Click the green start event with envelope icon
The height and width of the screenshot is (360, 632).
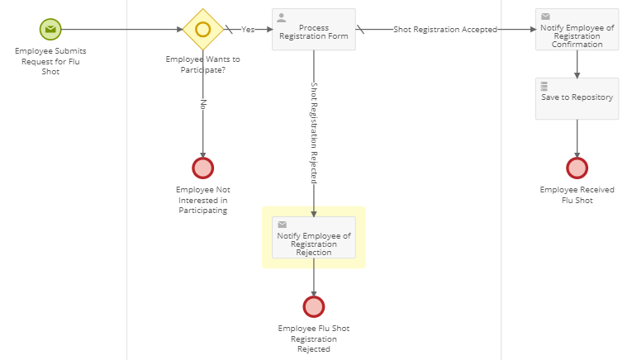(x=51, y=29)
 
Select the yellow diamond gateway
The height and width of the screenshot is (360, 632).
(x=202, y=29)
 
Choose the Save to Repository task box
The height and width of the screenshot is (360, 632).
(x=577, y=98)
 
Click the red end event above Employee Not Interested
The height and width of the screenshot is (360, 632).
(x=202, y=168)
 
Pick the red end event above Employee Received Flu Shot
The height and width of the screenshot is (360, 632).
(x=577, y=168)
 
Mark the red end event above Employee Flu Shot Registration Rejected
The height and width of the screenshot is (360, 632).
(x=313, y=306)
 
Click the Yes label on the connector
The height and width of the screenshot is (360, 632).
(x=248, y=30)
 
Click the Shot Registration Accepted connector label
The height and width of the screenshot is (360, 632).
(x=444, y=30)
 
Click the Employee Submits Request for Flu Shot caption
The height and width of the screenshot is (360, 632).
(x=51, y=61)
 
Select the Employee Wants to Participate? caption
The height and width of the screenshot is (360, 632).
(x=202, y=64)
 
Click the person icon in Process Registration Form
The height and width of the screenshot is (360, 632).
(x=281, y=17)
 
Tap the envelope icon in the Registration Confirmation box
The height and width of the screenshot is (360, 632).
(x=545, y=17)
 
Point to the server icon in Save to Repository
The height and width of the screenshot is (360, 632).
(x=544, y=85)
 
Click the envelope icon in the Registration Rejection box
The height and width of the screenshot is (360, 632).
(x=282, y=224)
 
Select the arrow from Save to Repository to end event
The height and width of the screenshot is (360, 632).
(x=577, y=138)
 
